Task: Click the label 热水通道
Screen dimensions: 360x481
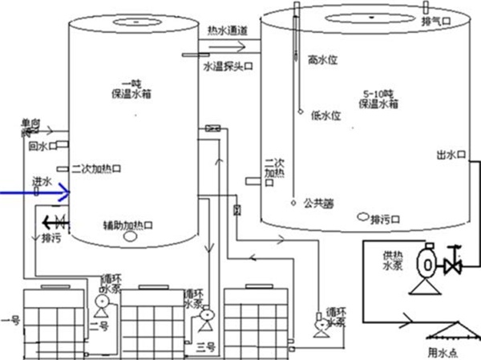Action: tap(228, 30)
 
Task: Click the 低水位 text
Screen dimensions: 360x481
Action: tap(325, 115)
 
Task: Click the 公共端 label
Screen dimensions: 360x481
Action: tap(318, 203)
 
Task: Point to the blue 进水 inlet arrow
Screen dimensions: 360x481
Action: tap(36, 192)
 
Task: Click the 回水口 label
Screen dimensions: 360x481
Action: tap(40, 147)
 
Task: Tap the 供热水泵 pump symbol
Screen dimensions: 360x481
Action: tap(427, 263)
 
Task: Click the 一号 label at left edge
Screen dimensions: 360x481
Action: tap(10, 320)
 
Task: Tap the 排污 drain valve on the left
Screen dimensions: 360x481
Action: tap(54, 221)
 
